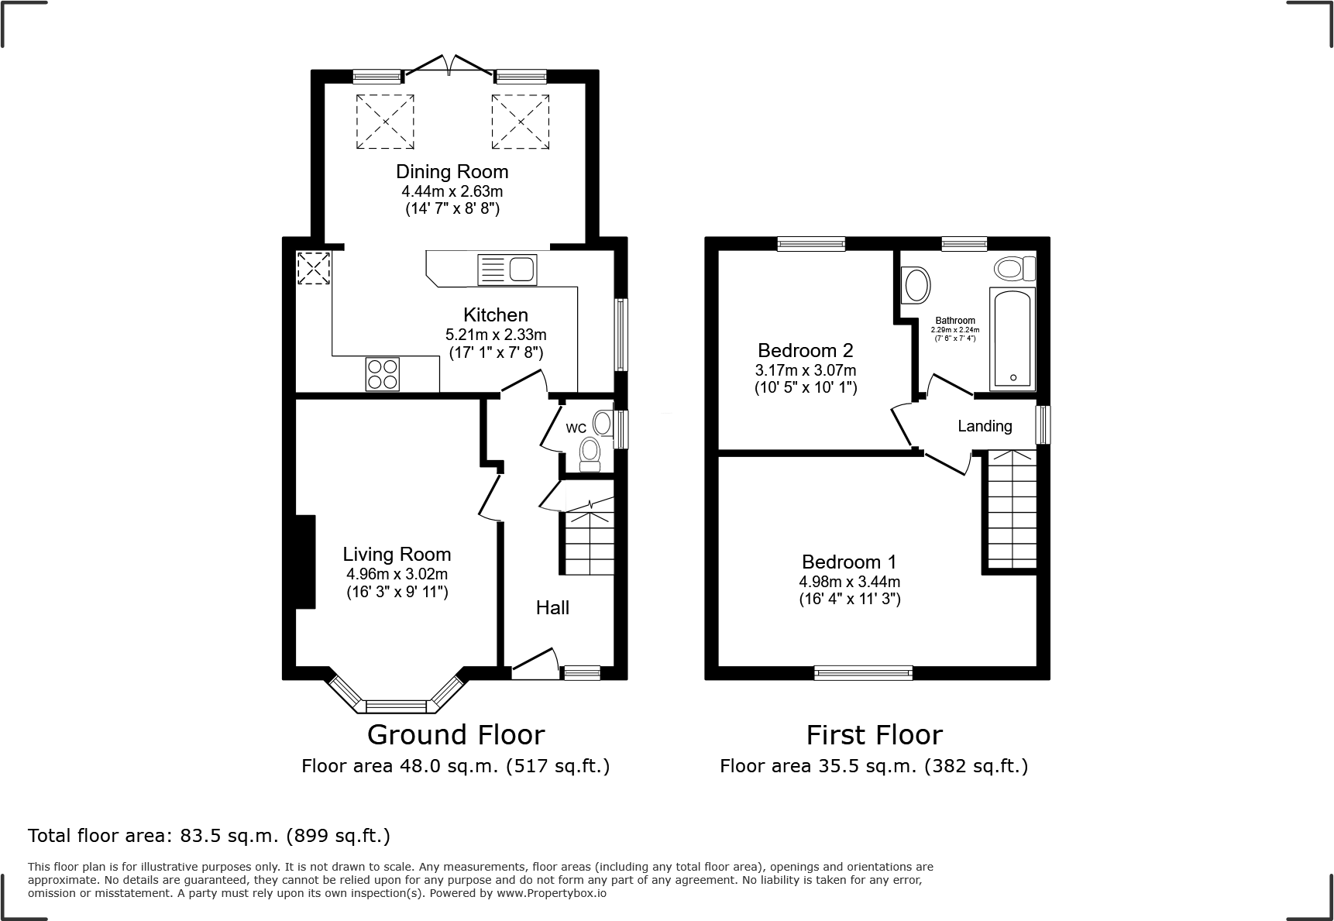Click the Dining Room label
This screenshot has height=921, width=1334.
point(452,171)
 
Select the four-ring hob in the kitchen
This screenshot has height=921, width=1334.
point(383,373)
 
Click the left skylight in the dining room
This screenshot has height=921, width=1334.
point(384,121)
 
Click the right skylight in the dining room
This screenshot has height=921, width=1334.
point(520,121)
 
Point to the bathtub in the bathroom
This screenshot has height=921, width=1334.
point(1012,339)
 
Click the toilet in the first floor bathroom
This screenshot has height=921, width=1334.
point(1014,269)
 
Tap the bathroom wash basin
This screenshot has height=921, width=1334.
point(916,285)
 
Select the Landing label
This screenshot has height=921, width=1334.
point(985,426)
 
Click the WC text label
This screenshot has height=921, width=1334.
point(576,428)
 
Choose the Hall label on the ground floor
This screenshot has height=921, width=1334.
point(552,608)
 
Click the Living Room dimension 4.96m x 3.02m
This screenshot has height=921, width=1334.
point(397,574)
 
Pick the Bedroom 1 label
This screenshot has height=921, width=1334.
point(849,562)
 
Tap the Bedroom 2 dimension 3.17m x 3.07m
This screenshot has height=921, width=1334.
point(806,370)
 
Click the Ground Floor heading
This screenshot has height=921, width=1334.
point(456,734)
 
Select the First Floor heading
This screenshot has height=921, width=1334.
point(874,734)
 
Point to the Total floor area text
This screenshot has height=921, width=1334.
point(209,836)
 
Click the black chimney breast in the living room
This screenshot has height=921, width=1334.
point(305,561)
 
